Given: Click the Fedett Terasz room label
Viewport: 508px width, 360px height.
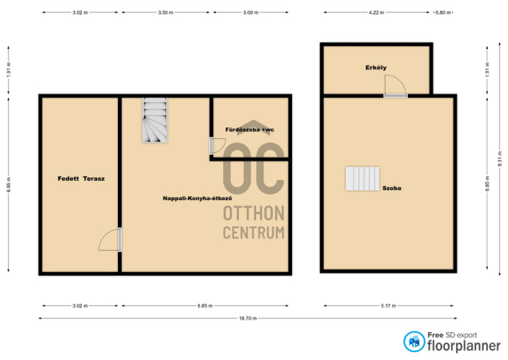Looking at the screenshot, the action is pos(81,179).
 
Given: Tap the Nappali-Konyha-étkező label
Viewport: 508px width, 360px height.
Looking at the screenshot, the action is pos(197,199).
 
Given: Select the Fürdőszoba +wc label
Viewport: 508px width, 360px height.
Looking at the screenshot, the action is pos(250,130).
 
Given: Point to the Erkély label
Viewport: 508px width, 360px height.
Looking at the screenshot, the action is pos(376,68).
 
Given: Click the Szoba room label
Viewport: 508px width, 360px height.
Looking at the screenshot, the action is pos(391,188).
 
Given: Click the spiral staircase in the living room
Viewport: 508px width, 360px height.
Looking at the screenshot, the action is pos(155,120).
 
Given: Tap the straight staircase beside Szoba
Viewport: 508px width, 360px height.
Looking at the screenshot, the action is pos(363,179).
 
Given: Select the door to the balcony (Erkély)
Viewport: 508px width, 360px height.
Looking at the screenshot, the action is pos(395,86).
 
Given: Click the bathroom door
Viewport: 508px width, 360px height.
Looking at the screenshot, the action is pos(217,146).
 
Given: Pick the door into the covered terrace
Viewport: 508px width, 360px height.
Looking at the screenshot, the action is pos(110,240).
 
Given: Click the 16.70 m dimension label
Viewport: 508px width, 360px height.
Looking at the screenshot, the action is pos(248,318).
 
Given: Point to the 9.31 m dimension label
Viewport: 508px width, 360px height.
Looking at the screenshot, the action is pos(500,161).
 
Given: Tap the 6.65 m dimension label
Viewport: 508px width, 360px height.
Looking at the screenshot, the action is pos(205,306).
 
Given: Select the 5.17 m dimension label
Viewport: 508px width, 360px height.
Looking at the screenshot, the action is pos(388,306).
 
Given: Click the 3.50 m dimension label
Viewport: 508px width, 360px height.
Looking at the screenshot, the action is pos(165,13).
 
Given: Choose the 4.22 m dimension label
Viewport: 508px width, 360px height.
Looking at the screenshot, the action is pos(376,13).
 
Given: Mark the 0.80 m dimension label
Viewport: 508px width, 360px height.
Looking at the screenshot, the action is pos(443,13).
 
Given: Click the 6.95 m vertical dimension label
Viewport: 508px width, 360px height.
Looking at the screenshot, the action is pos(9,184).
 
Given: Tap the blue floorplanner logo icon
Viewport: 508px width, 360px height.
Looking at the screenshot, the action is pos(414,341).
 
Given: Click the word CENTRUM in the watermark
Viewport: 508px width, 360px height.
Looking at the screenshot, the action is pos(254,233).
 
